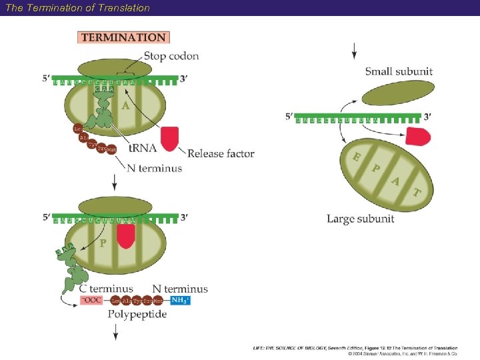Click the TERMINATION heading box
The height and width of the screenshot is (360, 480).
pos(124,38)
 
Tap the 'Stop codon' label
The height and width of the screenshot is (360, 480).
pos(171,56)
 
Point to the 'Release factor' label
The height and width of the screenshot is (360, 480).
pos(221,153)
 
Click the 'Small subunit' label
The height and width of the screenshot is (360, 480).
pos(399,71)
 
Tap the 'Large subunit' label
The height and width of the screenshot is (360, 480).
pos(360,219)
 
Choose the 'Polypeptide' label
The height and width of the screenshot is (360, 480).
pos(137,314)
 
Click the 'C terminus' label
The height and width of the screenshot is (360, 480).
pos(106,289)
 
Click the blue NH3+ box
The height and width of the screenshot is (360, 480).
pos(180,301)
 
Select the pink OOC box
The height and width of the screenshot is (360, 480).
pos(93,301)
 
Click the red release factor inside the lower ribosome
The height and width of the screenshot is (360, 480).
pos(125,236)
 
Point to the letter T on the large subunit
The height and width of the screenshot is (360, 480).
pos(417,193)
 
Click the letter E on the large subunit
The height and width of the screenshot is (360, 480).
pos(358,157)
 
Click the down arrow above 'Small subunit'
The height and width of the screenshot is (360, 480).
pos(354,50)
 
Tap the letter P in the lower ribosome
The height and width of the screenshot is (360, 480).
pos(102,243)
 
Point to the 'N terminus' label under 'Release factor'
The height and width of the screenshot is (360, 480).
pos(154,169)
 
